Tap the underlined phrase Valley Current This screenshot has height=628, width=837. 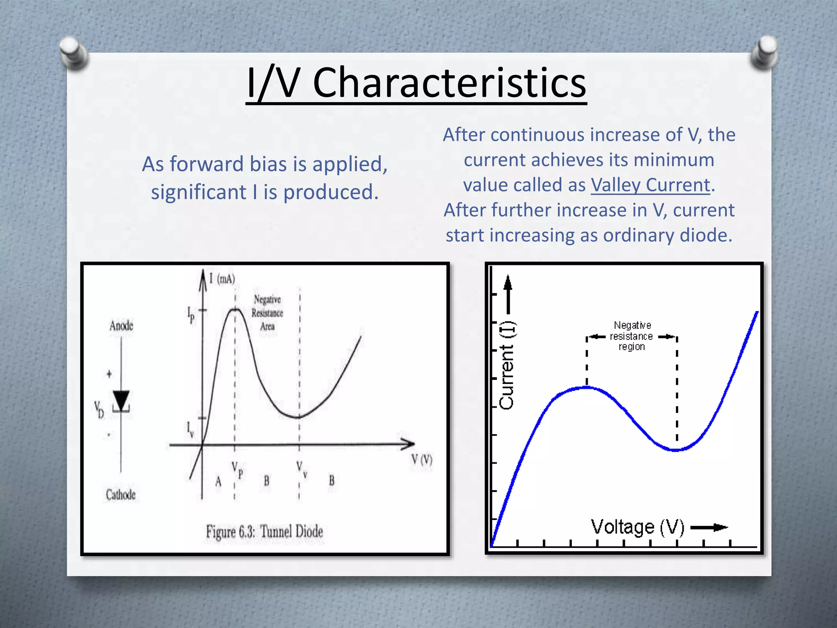coord(651,185)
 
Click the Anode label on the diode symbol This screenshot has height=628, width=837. coord(121,326)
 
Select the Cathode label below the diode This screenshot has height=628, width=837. coord(121,495)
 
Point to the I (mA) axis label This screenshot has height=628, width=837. coord(222,279)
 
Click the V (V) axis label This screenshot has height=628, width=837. coord(421,460)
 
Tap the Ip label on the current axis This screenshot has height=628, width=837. coord(191,314)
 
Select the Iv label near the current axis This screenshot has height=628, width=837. coord(190,429)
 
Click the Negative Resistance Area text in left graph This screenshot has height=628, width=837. coord(267,313)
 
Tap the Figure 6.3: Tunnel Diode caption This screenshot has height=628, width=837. coord(264,532)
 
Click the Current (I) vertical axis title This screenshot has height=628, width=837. coord(507,365)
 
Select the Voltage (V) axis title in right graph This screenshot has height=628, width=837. coord(637,527)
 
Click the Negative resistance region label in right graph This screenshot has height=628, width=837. coord(631,336)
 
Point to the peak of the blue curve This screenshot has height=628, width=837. coord(587,387)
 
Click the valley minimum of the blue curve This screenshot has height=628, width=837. coord(676,450)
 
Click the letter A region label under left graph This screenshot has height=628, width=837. coord(218,482)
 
